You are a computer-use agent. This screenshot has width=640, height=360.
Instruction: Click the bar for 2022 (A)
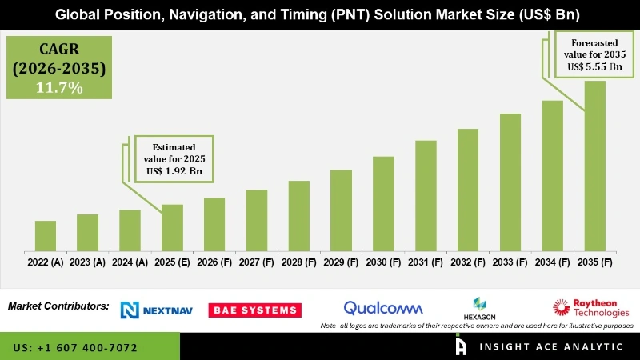pyautogui.click(x=46, y=236)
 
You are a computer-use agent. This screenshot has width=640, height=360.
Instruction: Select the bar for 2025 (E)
pyautogui.click(x=172, y=228)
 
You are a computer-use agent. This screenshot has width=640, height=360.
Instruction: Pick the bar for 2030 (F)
pyautogui.click(x=383, y=204)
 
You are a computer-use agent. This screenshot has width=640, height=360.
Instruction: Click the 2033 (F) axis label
pyautogui.click(x=510, y=262)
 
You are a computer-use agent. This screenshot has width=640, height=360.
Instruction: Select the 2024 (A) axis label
pyautogui.click(x=130, y=262)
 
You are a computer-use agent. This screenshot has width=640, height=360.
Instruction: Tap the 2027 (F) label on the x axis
pyautogui.click(x=257, y=262)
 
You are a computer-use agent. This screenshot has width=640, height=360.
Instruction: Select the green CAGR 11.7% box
pyautogui.click(x=59, y=67)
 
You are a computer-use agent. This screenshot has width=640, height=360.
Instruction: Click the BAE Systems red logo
pyautogui.click(x=254, y=310)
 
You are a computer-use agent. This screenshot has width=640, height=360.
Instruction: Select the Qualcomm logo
pyautogui.click(x=382, y=308)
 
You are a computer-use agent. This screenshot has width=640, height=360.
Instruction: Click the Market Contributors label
pyautogui.click(x=58, y=306)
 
